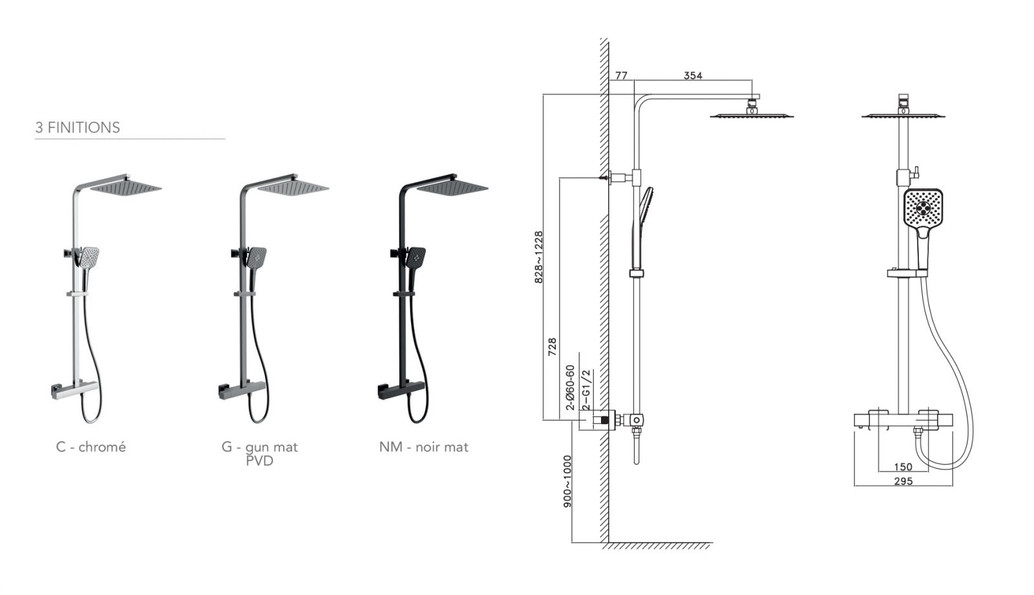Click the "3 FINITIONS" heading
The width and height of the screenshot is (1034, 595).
pos(78,127)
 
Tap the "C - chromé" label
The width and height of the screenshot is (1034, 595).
pos(91,447)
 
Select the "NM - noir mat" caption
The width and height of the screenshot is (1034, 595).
pos(424,447)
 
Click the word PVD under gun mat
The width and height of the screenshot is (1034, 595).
pos(259,461)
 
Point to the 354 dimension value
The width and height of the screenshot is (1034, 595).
pos(693,75)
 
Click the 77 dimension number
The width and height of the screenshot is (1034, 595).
pos(621,75)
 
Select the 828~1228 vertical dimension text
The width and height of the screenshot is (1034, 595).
pos(539,257)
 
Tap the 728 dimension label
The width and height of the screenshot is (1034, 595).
pos(552,347)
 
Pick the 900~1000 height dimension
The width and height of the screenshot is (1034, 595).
pos(567,481)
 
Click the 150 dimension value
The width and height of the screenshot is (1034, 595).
pos(903,466)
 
